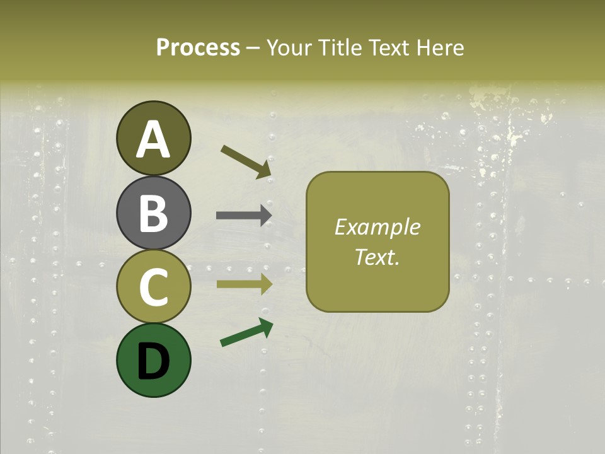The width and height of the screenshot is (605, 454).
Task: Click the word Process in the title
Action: tap(198, 47)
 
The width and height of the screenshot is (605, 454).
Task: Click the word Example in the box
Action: tap(377, 227)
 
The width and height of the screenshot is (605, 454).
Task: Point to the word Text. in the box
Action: tap(377, 257)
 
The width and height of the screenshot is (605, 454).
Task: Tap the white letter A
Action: tap(153, 139)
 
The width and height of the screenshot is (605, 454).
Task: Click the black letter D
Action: tap(153, 361)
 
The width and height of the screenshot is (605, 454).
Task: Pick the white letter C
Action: tap(153, 287)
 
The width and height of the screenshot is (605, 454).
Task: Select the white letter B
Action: tap(153, 212)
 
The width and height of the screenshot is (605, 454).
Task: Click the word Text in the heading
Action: tap(386, 47)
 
